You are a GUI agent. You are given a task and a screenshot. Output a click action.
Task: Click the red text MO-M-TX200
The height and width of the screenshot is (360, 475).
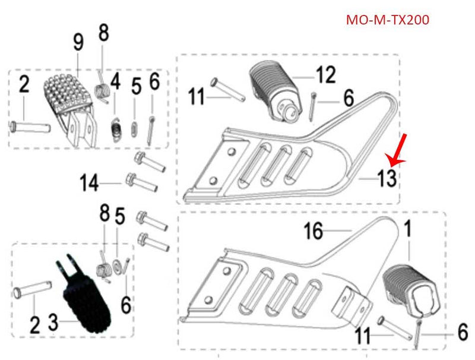coord(387,20)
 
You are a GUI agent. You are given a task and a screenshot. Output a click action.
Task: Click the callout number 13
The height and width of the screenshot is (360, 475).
coord(386,178)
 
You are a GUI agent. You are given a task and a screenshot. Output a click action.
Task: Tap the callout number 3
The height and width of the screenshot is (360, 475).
coord(53,324)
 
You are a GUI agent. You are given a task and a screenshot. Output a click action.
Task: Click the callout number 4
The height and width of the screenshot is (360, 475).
coord(115,81)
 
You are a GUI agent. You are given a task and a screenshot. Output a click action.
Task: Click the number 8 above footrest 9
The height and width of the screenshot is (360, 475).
coord(103,33)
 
